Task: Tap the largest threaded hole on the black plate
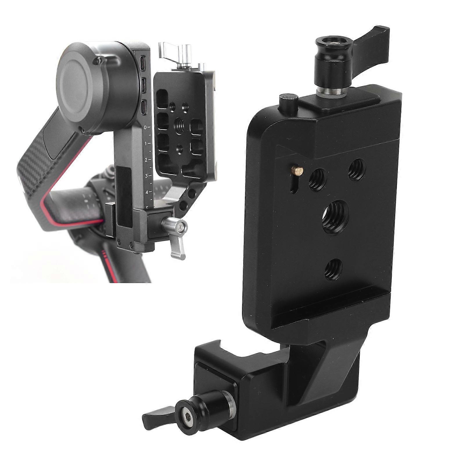(x=333, y=213)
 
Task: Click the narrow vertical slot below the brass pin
(x=294, y=185)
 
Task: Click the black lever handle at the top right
(x=372, y=35)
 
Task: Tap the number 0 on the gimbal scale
(x=146, y=127)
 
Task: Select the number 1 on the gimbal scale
(x=146, y=143)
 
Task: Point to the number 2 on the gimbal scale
(x=146, y=160)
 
